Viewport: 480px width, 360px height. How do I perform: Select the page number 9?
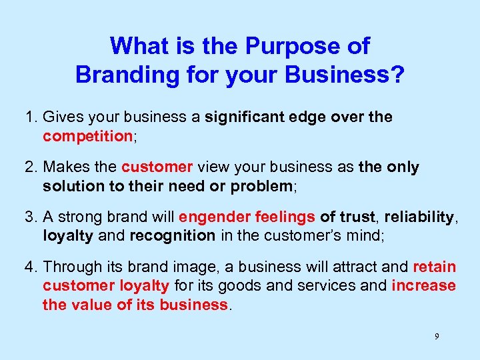coord(437,336)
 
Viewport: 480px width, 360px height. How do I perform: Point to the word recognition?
coord(172,235)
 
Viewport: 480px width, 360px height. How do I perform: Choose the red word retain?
coord(434,267)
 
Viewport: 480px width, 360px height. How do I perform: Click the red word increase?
coord(423,286)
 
